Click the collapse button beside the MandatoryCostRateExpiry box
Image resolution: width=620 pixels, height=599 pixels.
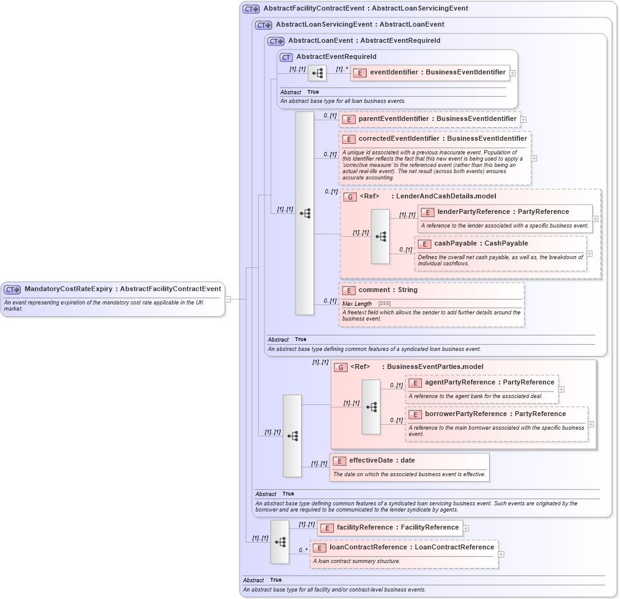pyautogui.click(x=228, y=299)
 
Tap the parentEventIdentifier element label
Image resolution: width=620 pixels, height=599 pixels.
pyautogui.click(x=437, y=118)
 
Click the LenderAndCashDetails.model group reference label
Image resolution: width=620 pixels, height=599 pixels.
pyautogui.click(x=428, y=197)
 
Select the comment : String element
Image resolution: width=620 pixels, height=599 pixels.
pyautogui.click(x=388, y=290)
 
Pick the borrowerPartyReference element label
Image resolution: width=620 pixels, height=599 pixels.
pyautogui.click(x=495, y=414)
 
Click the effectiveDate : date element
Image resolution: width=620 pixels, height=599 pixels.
pyautogui.click(x=382, y=461)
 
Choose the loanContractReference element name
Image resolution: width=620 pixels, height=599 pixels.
pyautogui.click(x=411, y=548)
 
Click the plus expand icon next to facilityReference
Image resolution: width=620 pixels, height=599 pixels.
pyautogui.click(x=466, y=528)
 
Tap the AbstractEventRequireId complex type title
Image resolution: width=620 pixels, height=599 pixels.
pyautogui.click(x=336, y=57)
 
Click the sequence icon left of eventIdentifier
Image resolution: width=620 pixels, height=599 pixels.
pyautogui.click(x=317, y=73)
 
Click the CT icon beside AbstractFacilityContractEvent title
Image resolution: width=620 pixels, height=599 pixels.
pyautogui.click(x=251, y=9)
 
